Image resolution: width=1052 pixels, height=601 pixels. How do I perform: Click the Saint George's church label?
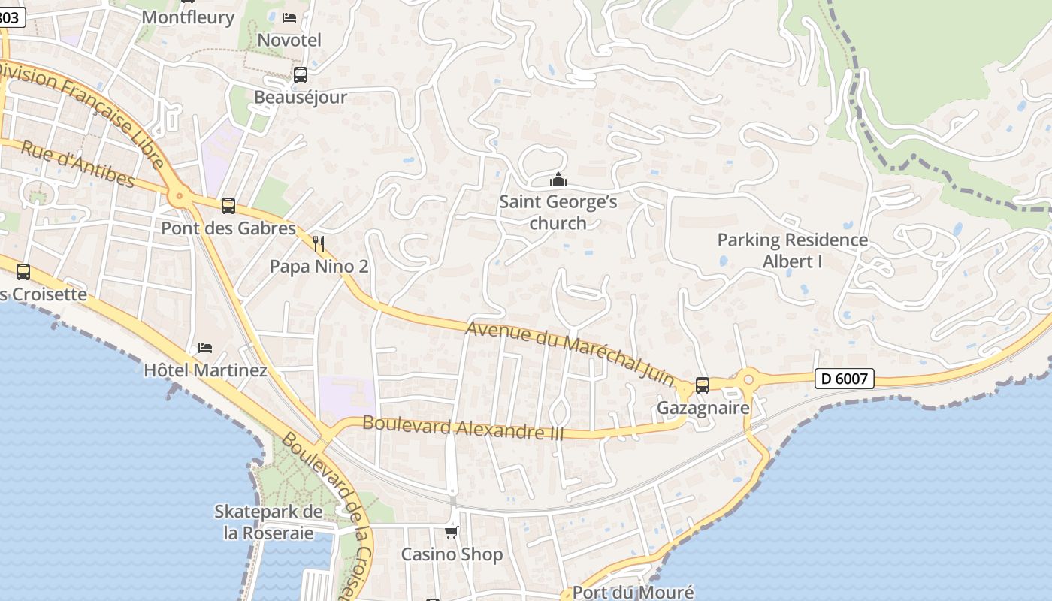click(558, 213)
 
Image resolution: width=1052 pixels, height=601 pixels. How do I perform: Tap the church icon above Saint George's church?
click(558, 180)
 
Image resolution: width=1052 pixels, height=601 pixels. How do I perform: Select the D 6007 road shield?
click(845, 379)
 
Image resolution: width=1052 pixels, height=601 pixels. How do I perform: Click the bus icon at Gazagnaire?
click(703, 385)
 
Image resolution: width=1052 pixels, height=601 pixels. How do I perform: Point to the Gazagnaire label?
click(703, 408)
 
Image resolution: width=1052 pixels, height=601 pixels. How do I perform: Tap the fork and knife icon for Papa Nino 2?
click(319, 243)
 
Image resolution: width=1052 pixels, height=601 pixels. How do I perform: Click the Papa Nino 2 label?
click(319, 267)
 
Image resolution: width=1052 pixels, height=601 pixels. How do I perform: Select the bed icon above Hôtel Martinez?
click(205, 347)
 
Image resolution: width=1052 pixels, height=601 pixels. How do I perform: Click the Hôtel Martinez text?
click(205, 370)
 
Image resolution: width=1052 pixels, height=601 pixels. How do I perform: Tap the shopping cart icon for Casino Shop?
click(451, 532)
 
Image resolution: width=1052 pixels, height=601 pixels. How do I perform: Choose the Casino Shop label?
click(451, 555)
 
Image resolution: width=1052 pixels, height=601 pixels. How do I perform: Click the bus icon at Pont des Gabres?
click(228, 205)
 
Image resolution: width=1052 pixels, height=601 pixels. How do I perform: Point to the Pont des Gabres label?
click(228, 228)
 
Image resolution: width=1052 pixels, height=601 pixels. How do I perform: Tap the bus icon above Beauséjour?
click(301, 74)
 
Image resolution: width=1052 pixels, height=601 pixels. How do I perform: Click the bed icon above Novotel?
click(289, 17)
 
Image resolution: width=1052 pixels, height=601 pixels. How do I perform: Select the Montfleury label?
click(188, 17)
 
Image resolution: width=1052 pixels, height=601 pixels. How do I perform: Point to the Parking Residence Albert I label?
click(792, 251)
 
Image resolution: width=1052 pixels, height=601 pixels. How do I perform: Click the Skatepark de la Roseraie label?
click(269, 522)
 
